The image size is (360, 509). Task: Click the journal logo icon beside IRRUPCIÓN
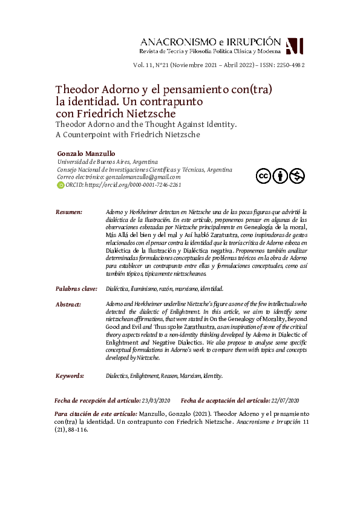[294, 46]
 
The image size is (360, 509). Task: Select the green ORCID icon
[61, 185]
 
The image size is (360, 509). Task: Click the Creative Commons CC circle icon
[263, 176]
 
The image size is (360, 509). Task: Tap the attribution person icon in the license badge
[280, 176]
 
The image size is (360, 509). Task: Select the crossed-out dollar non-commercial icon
[296, 176]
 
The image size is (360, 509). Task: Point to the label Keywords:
[70, 375]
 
